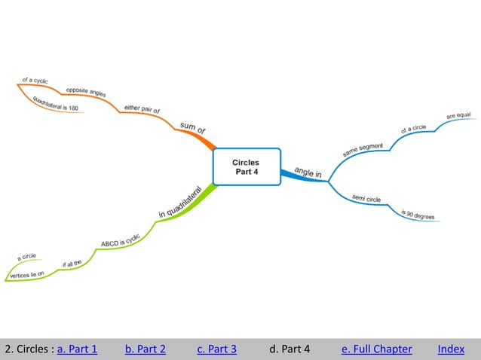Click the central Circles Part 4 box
[x=246, y=166]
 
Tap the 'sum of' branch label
[x=192, y=128]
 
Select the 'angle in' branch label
[x=308, y=172]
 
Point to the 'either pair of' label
[x=142, y=109]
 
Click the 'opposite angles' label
[x=86, y=92]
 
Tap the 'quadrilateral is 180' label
[x=55, y=106]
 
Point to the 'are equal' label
[x=458, y=115]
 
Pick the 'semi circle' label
[x=366, y=199]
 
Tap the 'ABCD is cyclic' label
[x=121, y=241]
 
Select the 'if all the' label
[x=72, y=264]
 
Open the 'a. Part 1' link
[x=77, y=349]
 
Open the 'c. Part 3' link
[x=216, y=349]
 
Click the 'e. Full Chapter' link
[x=376, y=349]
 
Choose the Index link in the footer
[x=451, y=349]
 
